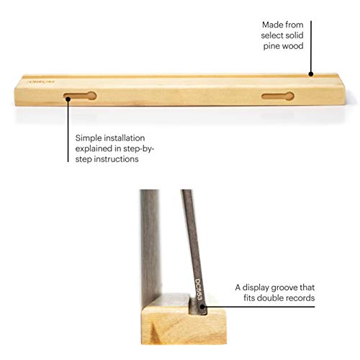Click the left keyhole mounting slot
80,96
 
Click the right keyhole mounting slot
278,96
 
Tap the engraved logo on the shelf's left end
41,82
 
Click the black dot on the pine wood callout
311,74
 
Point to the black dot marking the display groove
202,307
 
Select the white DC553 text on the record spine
198,289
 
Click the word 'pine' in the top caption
271,46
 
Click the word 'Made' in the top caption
271,24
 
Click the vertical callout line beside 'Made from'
311,48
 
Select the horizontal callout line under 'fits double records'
258,307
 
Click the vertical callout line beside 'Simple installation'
68,130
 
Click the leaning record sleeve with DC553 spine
194,250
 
